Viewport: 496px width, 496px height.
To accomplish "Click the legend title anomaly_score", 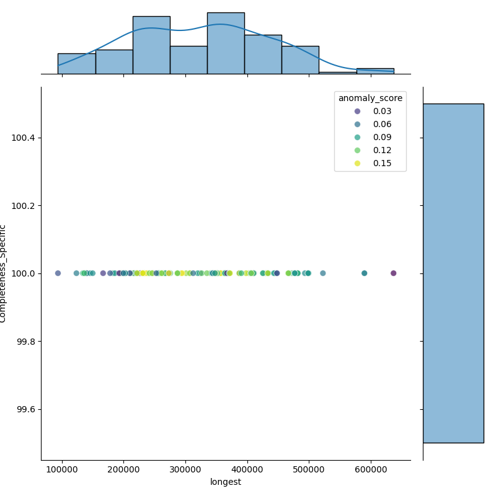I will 370,98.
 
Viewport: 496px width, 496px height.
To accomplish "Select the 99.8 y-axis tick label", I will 25,342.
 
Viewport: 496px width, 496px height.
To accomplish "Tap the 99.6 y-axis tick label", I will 25,410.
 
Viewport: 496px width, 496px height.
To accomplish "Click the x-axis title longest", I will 226,482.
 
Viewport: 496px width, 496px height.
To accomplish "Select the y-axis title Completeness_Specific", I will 4,273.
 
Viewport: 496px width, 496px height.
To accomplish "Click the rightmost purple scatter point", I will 393,273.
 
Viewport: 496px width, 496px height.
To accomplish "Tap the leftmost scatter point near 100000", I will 58,273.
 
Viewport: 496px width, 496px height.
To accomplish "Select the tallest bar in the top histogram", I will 226,43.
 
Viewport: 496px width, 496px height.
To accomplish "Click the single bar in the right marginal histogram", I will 453,273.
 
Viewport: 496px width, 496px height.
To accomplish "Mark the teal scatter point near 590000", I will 364,273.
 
